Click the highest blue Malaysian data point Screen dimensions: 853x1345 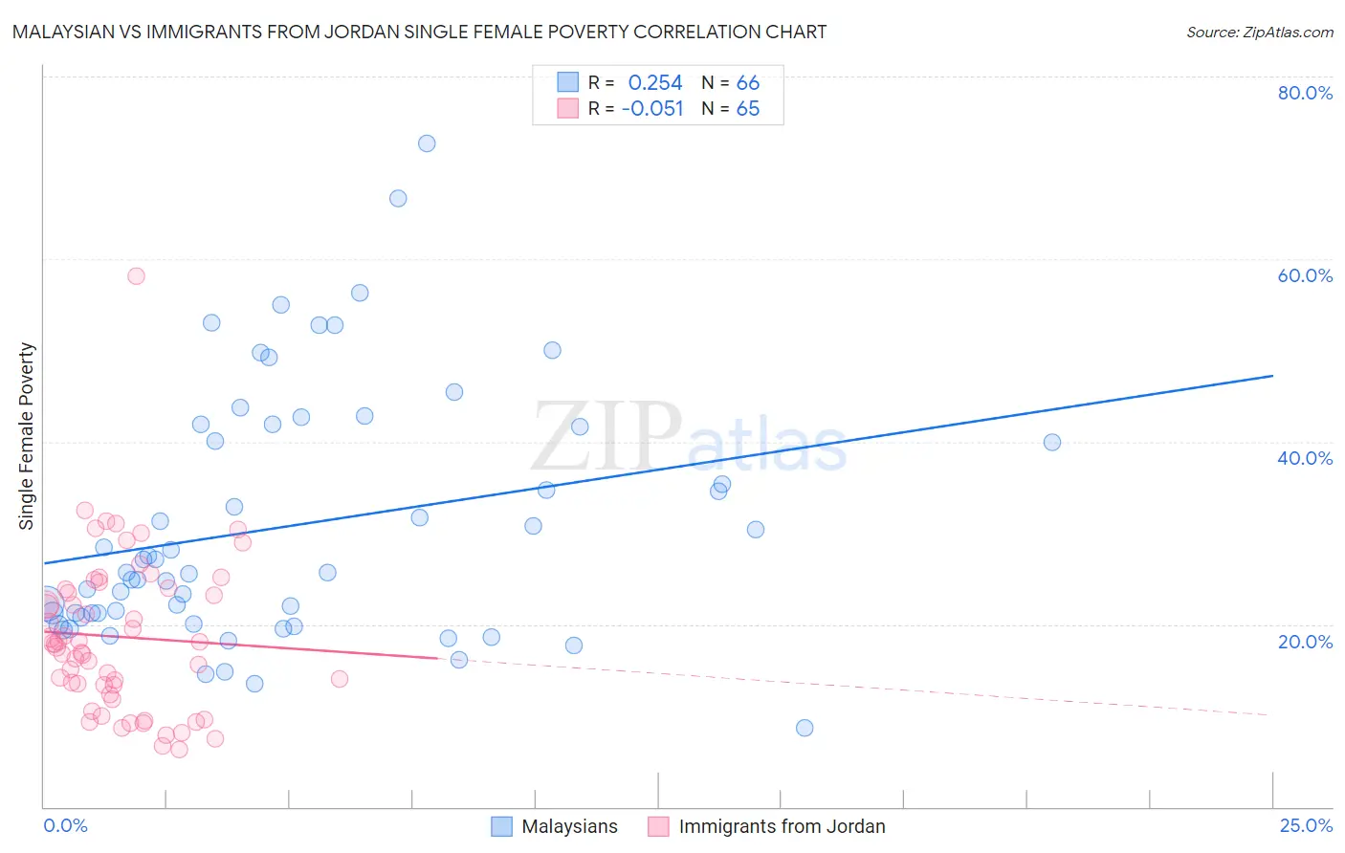click(427, 143)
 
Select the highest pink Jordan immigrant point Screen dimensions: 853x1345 click(136, 275)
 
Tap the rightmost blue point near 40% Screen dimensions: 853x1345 click(1051, 442)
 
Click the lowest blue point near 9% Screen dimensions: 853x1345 click(805, 728)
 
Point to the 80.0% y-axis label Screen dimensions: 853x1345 click(1305, 93)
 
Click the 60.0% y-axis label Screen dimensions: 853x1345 click(1305, 275)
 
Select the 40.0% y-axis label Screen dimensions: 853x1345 click(1305, 458)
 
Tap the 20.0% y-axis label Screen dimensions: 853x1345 click(1305, 642)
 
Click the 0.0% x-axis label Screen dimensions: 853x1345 click(65, 825)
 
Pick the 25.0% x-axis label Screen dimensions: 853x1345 click(1306, 825)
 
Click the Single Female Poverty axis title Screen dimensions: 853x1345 click(27, 436)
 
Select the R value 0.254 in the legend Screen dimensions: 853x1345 click(655, 83)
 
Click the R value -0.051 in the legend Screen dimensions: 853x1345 click(652, 109)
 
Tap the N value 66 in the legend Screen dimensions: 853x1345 click(748, 83)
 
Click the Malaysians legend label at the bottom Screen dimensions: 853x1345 click(569, 826)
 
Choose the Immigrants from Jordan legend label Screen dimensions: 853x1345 click(782, 826)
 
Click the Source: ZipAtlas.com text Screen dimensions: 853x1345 click(1259, 32)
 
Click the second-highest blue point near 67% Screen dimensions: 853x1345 click(398, 198)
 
